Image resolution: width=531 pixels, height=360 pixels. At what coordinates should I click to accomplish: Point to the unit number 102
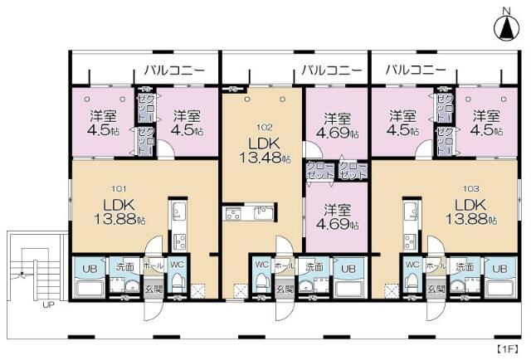click(264, 128)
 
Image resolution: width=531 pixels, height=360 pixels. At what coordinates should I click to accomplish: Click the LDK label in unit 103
click(469, 205)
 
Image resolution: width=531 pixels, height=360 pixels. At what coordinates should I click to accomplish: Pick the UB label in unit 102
click(348, 267)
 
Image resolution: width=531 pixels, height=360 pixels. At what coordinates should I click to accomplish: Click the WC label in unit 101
click(176, 265)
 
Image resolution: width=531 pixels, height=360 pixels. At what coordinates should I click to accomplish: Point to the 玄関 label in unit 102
click(285, 288)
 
